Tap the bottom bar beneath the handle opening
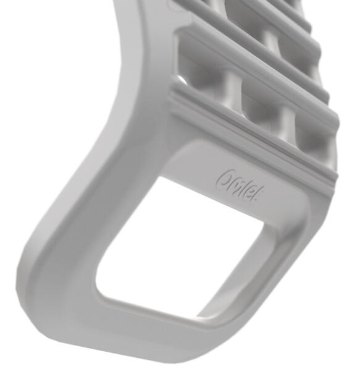154,331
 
